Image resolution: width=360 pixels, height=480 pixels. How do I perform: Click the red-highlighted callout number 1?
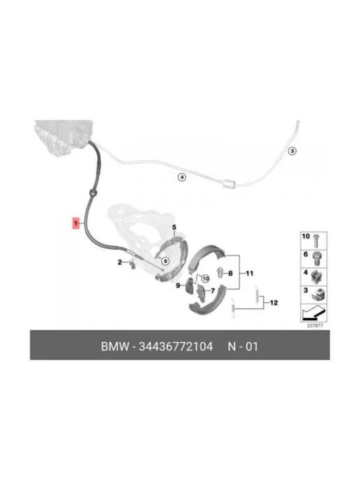75,223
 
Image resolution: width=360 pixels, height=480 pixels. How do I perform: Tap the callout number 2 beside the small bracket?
120,262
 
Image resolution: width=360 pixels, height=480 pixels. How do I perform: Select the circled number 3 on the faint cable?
292,151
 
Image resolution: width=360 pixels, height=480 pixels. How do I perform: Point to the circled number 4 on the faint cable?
182,177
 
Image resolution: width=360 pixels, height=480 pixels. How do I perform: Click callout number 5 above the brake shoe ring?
174,227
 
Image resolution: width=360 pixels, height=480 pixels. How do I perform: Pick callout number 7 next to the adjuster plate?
213,291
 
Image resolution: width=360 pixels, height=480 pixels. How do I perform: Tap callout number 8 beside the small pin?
230,273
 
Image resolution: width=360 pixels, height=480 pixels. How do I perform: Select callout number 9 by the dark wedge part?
178,285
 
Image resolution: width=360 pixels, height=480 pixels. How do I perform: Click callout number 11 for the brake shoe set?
250,273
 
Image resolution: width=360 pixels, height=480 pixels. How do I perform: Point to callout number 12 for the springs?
273,303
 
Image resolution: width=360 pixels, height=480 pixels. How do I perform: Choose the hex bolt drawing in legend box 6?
315,260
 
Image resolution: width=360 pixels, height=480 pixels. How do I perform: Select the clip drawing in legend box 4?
317,276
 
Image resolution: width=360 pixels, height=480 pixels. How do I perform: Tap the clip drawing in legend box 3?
318,294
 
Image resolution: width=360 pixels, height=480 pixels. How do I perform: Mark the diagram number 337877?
315,326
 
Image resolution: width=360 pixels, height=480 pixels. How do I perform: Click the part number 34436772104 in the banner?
176,347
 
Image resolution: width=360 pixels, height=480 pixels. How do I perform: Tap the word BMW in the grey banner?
115,347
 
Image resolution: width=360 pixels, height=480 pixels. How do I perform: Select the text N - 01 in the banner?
243,347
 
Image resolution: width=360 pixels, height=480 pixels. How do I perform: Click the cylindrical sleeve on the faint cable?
229,183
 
